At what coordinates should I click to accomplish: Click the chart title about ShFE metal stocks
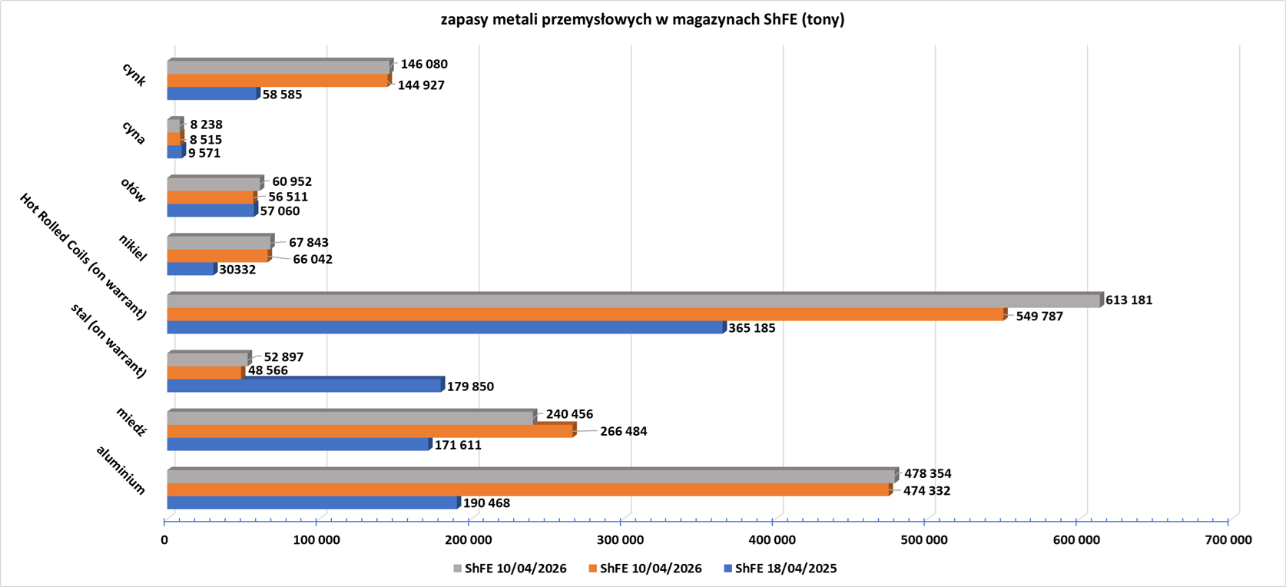[642, 20]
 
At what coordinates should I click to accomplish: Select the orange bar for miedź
[370, 431]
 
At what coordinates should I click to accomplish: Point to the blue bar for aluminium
[311, 502]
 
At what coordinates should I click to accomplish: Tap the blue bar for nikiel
[191, 269]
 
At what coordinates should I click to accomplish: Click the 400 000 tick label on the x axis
[772, 540]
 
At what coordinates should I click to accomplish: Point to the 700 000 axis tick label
[1228, 540]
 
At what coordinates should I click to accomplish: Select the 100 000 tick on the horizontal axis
[317, 540]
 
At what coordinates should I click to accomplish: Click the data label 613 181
[1129, 300]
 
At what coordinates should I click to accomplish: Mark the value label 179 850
[470, 386]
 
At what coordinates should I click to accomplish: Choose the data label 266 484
[623, 431]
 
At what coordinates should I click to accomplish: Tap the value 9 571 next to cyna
[204, 153]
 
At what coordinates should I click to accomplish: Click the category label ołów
[133, 190]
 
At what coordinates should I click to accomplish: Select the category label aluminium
[121, 469]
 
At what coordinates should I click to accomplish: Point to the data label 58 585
[282, 95]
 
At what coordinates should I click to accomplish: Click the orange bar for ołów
[210, 197]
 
